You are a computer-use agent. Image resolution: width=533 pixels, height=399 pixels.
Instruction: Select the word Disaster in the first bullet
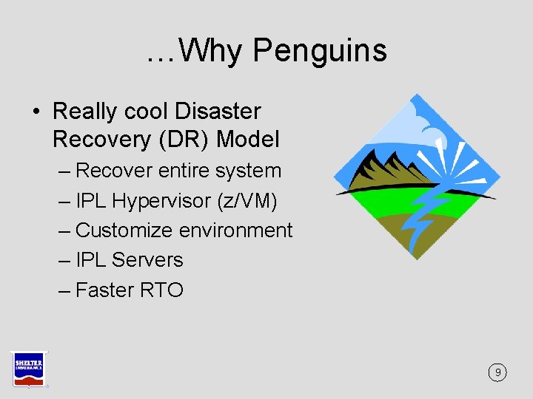click(x=218, y=112)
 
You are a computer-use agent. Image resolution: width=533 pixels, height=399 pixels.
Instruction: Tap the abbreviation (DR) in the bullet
click(x=186, y=139)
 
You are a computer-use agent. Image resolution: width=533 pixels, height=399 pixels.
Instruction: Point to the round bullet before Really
click(x=36, y=112)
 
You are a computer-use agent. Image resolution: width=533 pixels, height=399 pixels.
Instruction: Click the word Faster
click(x=104, y=290)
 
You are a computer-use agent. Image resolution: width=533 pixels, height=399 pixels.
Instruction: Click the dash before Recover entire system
click(x=64, y=171)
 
